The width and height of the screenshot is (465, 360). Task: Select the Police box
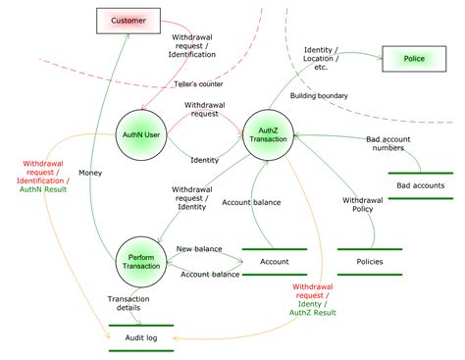[414, 60]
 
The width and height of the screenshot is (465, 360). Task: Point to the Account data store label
[274, 262]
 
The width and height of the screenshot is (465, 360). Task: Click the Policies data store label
[369, 262]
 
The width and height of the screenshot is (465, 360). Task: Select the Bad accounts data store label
[420, 185]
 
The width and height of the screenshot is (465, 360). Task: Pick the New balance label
[199, 248]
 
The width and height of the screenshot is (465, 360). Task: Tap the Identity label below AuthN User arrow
[204, 159]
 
